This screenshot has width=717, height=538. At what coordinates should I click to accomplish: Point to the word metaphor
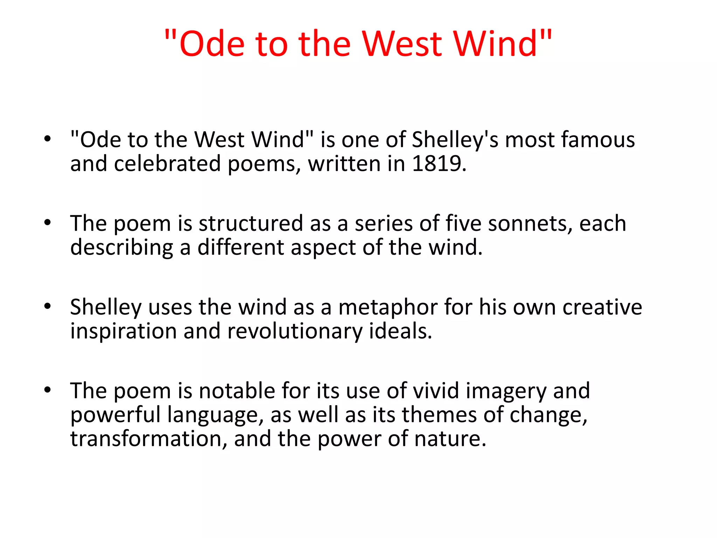click(388, 308)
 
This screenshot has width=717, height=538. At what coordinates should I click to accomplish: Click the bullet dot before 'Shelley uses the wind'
click(48, 306)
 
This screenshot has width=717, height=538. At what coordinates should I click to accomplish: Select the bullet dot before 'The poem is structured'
click(48, 222)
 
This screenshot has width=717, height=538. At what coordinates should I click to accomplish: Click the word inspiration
click(123, 331)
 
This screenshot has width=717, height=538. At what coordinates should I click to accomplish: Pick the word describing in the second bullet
click(121, 248)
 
